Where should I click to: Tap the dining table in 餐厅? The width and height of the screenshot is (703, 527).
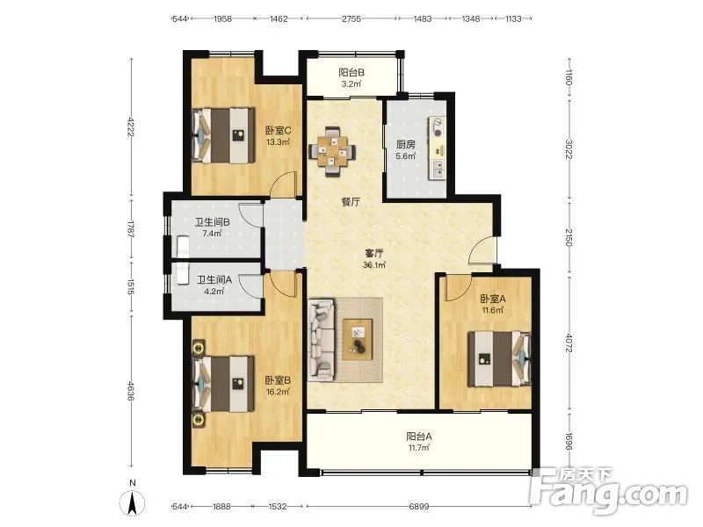coord(332,152)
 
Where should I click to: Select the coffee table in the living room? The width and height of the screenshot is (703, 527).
coord(358,339)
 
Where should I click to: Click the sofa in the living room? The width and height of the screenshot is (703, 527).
coord(322,340)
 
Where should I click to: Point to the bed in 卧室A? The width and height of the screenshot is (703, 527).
coord(499,359)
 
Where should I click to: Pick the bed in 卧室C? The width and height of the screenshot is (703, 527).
coord(223,135)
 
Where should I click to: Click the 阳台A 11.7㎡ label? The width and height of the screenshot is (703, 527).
coord(419,442)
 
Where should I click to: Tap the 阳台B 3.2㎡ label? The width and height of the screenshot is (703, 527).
coord(351,77)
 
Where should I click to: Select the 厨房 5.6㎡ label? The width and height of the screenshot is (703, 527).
coord(405,150)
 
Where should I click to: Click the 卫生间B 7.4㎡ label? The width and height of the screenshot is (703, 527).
coord(212,227)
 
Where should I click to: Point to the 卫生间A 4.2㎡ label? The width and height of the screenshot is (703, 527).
coord(214,285)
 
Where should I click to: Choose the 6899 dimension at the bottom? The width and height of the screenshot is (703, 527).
coord(419,507)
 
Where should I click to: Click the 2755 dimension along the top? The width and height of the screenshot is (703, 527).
coord(351,18)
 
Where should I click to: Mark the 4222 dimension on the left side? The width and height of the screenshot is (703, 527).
coord(131,126)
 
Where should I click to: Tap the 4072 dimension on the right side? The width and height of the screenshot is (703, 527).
coord(569,342)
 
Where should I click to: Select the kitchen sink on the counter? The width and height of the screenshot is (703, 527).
coord(437,169)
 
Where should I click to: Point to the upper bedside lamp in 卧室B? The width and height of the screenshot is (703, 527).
coord(199,347)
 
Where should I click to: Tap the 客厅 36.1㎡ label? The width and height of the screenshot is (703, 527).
coord(374,258)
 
